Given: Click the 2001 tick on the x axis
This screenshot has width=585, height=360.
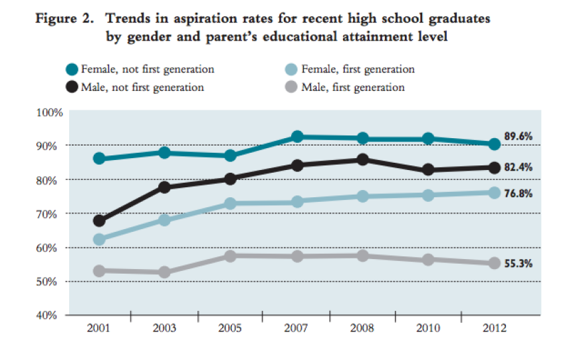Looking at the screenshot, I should tap(98, 329).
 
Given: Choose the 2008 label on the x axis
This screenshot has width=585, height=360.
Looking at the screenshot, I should tap(362, 329).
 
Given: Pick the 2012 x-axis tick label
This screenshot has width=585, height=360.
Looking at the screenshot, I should tap(494, 329).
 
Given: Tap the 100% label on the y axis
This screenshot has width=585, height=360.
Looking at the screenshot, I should tap(50, 113).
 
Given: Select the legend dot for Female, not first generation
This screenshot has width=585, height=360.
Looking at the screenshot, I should tap(72, 69).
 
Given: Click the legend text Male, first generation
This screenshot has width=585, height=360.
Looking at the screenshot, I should tap(352, 87).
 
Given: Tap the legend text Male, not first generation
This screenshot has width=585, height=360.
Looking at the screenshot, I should tap(142, 87).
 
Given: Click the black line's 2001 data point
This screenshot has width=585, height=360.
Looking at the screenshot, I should tap(99, 221).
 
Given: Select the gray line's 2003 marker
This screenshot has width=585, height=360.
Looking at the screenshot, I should tap(165, 272).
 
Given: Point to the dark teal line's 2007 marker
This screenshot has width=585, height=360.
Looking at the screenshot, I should tap(296, 137).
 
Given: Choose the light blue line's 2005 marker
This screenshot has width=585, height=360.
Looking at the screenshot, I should tap(231, 203).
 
